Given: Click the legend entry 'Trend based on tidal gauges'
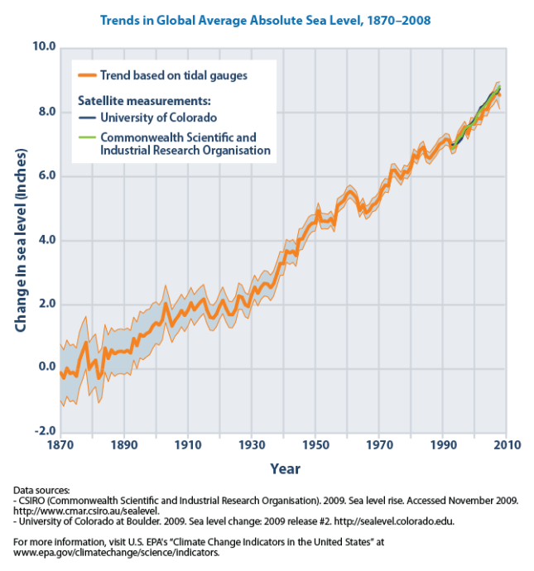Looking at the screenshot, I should (174, 76).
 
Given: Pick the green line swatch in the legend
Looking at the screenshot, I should (87, 137).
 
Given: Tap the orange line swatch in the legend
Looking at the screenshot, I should (87, 76).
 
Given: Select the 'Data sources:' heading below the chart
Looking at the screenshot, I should (42, 490).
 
